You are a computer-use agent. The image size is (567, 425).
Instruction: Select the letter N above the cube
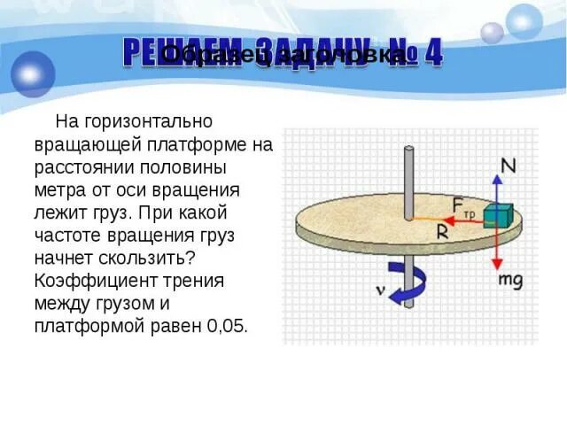coord(509,166)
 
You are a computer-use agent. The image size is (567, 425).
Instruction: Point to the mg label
coord(511,280)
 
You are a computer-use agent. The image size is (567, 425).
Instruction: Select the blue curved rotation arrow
coord(408,285)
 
